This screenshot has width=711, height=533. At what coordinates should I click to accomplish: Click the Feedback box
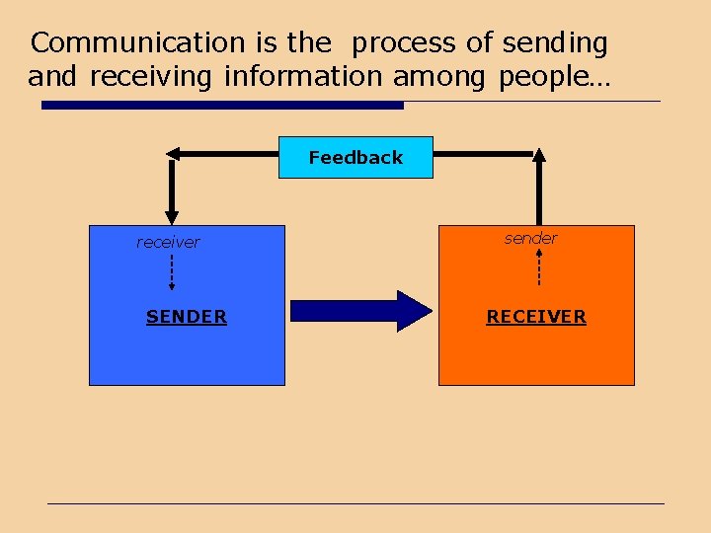tap(355, 157)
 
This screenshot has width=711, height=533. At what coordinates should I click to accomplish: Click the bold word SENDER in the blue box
tap(186, 317)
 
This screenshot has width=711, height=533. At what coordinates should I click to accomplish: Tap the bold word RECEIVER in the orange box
tap(536, 317)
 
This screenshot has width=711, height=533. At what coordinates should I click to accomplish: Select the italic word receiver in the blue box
tap(168, 242)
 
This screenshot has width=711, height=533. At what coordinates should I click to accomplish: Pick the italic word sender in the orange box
tap(530, 238)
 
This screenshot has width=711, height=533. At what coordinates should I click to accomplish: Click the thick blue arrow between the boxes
tap(361, 311)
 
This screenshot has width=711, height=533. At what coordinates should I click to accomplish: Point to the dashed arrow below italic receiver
tap(172, 270)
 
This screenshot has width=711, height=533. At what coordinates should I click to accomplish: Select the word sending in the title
tap(555, 43)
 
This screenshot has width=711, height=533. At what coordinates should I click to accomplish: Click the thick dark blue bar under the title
tap(222, 105)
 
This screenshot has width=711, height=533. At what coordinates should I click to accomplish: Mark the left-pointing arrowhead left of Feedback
tap(174, 154)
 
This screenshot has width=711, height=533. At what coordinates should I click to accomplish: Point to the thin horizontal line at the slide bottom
tap(355, 503)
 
